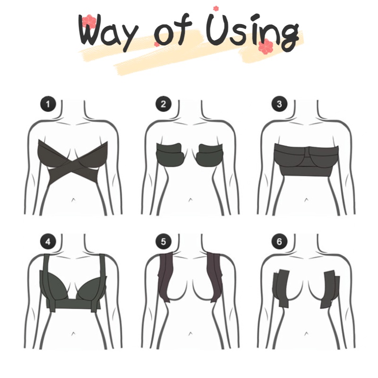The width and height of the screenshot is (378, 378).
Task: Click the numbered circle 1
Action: click(48, 104)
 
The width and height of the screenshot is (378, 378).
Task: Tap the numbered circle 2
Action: click(163, 104)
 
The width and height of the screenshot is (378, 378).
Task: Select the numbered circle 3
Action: click(279, 104)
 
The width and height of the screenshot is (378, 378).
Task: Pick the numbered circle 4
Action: click(48, 241)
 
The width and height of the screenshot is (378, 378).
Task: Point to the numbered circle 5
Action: click(163, 241)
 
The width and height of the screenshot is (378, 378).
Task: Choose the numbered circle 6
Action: click(279, 241)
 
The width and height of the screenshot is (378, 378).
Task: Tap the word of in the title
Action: click(173, 30)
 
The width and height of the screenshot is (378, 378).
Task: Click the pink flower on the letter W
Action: click(89, 21)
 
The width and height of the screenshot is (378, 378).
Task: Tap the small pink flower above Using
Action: click(216, 9)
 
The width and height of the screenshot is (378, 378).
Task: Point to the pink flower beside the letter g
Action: click(266, 46)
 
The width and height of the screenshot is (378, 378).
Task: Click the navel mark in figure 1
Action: click(73, 199)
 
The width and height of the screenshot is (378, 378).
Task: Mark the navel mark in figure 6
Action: click(306, 334)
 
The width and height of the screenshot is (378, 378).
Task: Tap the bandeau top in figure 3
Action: click(306, 160)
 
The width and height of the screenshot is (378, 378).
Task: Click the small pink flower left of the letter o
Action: click(156, 44)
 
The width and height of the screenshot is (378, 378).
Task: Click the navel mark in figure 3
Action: click(306, 199)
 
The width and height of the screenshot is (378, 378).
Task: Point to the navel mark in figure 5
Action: click(190, 334)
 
